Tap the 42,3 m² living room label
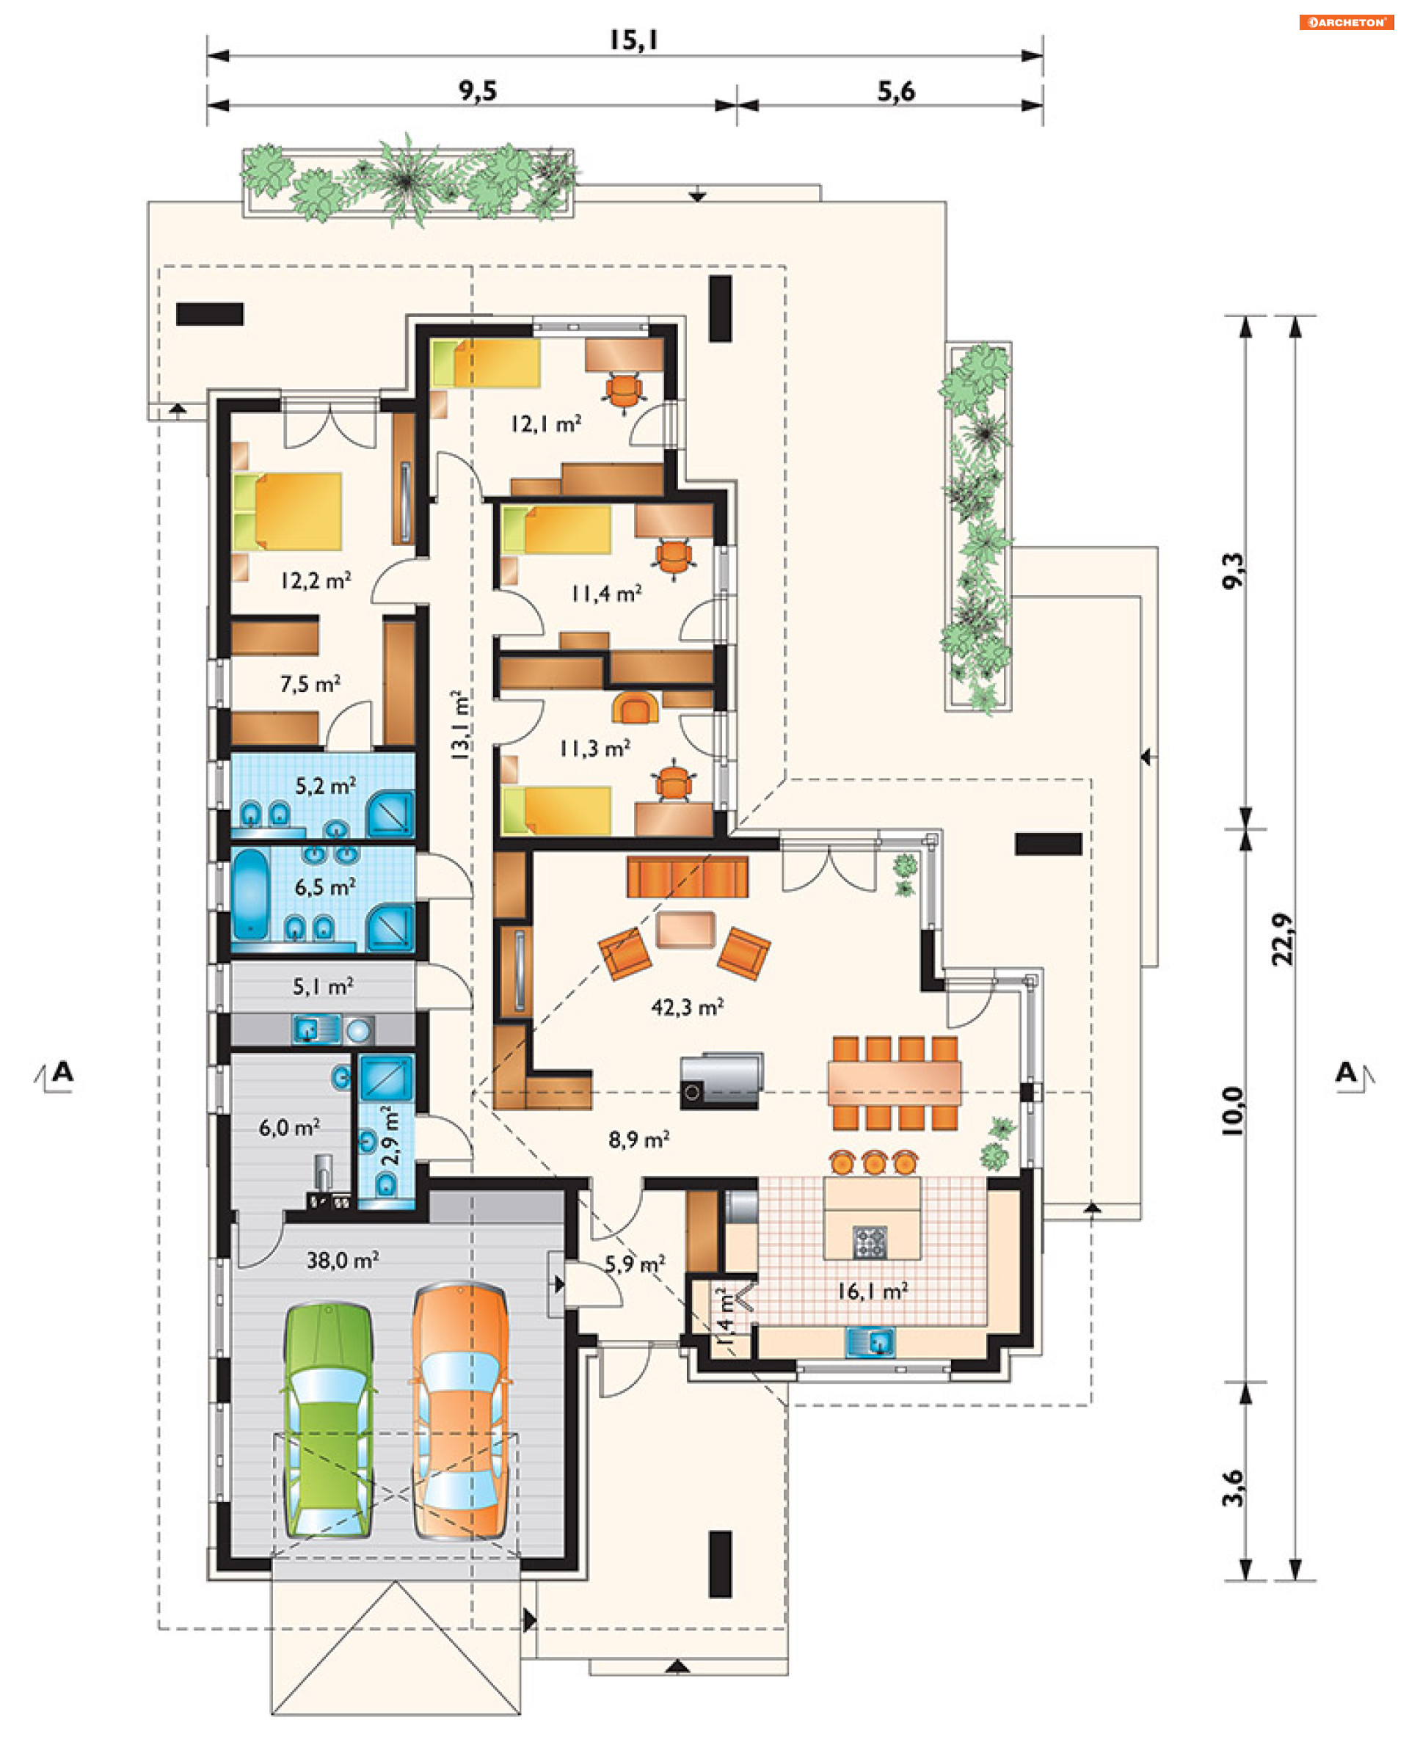coord(687,1008)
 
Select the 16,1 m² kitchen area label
coord(873,1292)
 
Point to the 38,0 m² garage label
coord(343,1260)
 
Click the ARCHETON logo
coord(1347,22)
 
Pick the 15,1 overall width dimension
coord(633,40)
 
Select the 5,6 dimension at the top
coord(896,91)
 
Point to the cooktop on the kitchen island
coord(870,1242)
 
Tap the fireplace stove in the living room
coord(721,1081)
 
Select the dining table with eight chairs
coord(895,1082)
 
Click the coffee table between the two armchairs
coord(685,930)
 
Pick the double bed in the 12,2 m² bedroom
coord(288,512)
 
